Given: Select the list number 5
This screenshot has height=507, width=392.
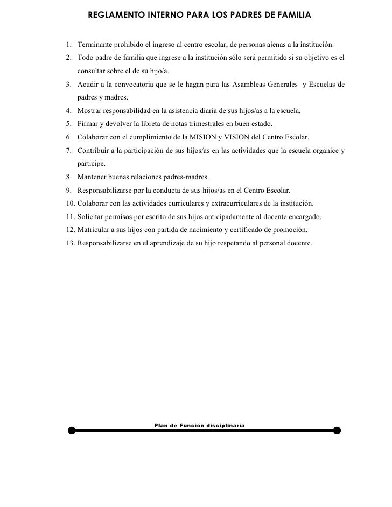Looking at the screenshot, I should pos(69,123).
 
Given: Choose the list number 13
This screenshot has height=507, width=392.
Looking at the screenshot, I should pos(71,243).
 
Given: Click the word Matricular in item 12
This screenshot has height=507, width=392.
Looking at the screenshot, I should pos(94,230).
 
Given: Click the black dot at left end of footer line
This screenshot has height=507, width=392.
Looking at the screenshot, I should pos(72,431).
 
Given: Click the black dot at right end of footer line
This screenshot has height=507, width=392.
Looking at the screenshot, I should pos(337,430).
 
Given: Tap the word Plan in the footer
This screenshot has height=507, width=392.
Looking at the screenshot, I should pos(161,425).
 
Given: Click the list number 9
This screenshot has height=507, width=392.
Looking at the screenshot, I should pos(69,190).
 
